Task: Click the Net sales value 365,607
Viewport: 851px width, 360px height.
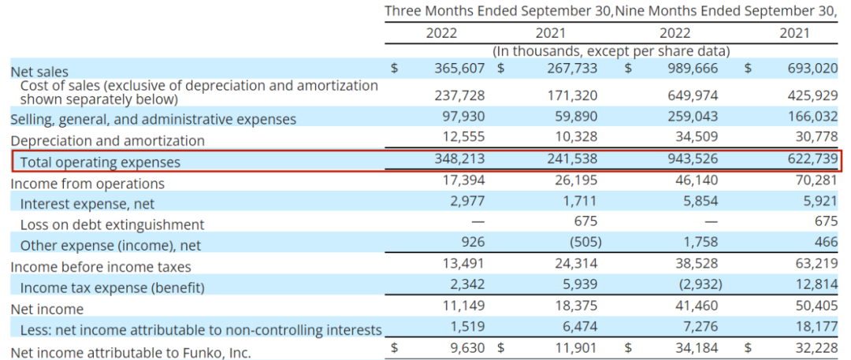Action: [459, 69]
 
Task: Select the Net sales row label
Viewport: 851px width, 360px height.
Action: [39, 72]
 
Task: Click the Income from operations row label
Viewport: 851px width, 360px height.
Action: [87, 184]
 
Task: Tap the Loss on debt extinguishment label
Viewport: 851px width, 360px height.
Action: [112, 225]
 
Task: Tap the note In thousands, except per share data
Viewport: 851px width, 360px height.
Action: [611, 51]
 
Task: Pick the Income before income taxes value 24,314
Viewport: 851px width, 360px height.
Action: [572, 265]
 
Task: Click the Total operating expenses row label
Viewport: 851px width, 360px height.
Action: [100, 162]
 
